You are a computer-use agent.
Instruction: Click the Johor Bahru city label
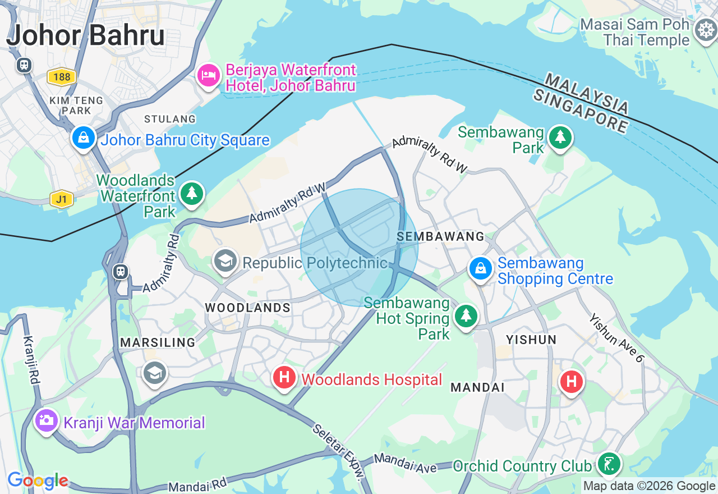(86, 35)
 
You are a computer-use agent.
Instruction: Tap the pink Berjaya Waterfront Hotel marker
(208, 75)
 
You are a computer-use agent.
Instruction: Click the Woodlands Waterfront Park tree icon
(192, 194)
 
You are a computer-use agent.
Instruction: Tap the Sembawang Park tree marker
(559, 137)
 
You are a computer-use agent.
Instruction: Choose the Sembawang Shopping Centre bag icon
(481, 268)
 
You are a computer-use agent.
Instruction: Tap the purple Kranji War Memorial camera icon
(46, 420)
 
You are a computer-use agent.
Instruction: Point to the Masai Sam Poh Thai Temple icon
(705, 29)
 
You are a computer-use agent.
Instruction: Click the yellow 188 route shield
(61, 76)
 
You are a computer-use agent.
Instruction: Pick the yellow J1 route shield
(61, 199)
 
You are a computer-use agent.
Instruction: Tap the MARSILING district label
(158, 342)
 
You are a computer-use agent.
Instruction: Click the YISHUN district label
(531, 340)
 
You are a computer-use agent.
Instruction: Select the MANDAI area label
(477, 387)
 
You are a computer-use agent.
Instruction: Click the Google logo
(38, 481)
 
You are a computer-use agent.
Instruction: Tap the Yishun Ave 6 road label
(616, 337)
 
